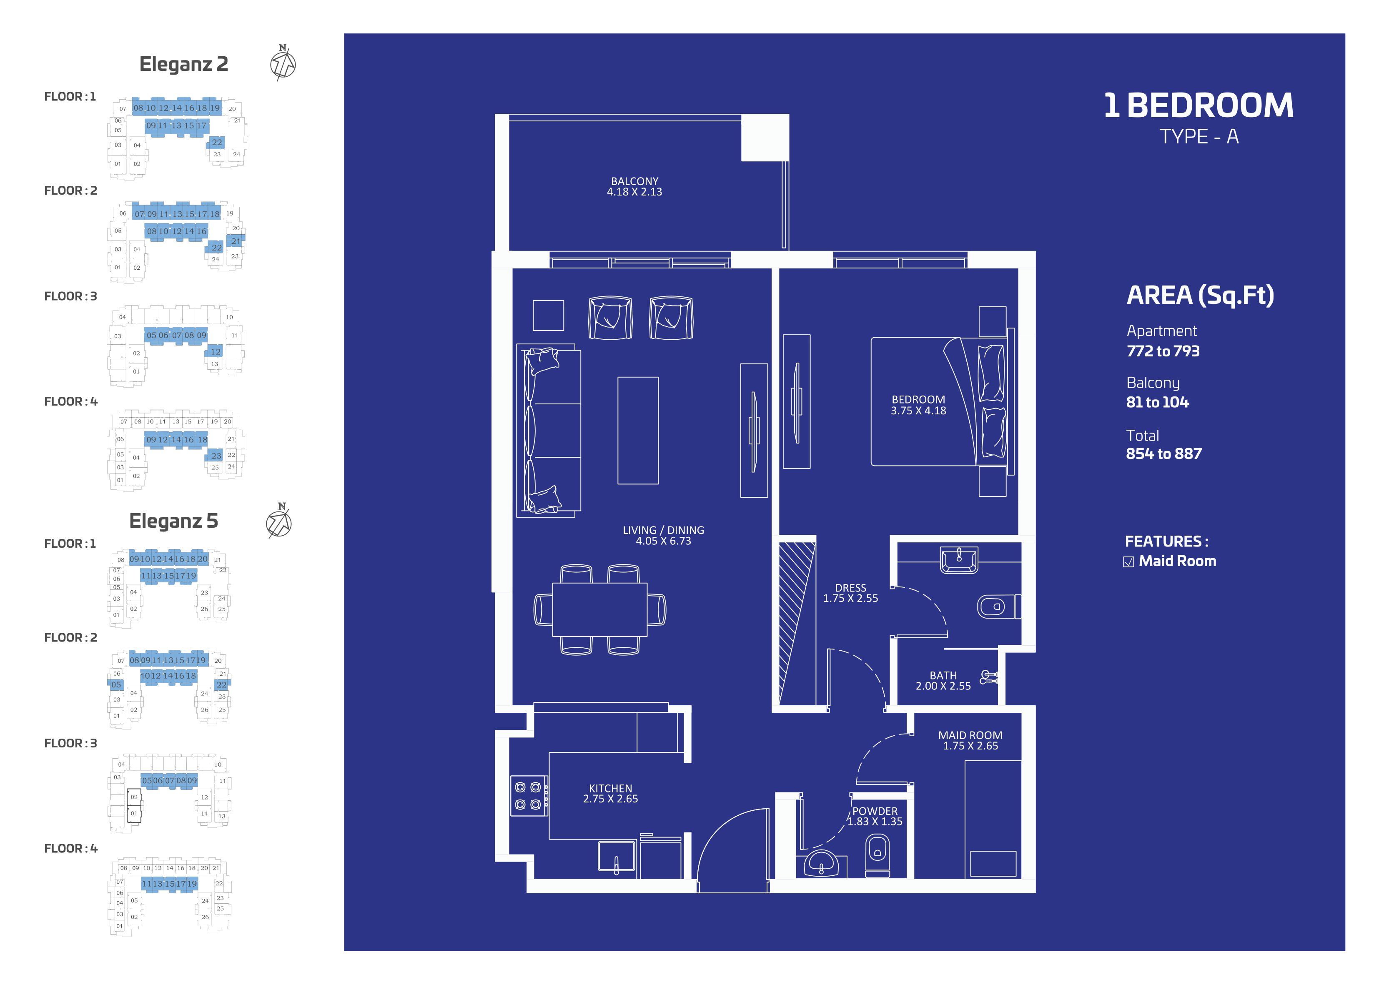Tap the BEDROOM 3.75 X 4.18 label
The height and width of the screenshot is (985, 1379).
[x=918, y=405]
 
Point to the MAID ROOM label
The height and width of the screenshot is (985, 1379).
[x=970, y=735]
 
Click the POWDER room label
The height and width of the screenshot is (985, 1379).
[x=875, y=811]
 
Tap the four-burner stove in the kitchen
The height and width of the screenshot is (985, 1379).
[x=528, y=796]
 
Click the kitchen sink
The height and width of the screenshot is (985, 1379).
[x=617, y=857]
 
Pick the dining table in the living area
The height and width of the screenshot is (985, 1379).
[x=600, y=609]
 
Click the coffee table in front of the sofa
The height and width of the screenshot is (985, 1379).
[x=638, y=431]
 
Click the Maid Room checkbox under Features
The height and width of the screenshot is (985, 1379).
[x=1128, y=561]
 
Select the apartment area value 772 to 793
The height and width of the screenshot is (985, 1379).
[x=1163, y=351]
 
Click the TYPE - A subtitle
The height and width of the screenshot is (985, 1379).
[x=1199, y=136]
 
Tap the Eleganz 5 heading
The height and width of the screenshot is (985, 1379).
[x=173, y=521]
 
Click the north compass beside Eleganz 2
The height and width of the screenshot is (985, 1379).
[x=283, y=63]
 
